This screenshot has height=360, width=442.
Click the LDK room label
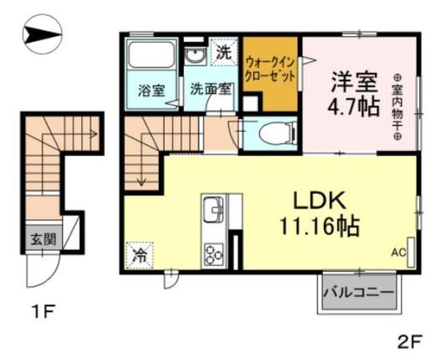320,201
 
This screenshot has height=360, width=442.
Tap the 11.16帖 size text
319,226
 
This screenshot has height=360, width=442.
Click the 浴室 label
150,89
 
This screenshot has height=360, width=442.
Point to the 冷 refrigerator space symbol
140,254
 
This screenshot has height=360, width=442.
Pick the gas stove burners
213,254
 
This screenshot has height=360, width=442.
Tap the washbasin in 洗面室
195,55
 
